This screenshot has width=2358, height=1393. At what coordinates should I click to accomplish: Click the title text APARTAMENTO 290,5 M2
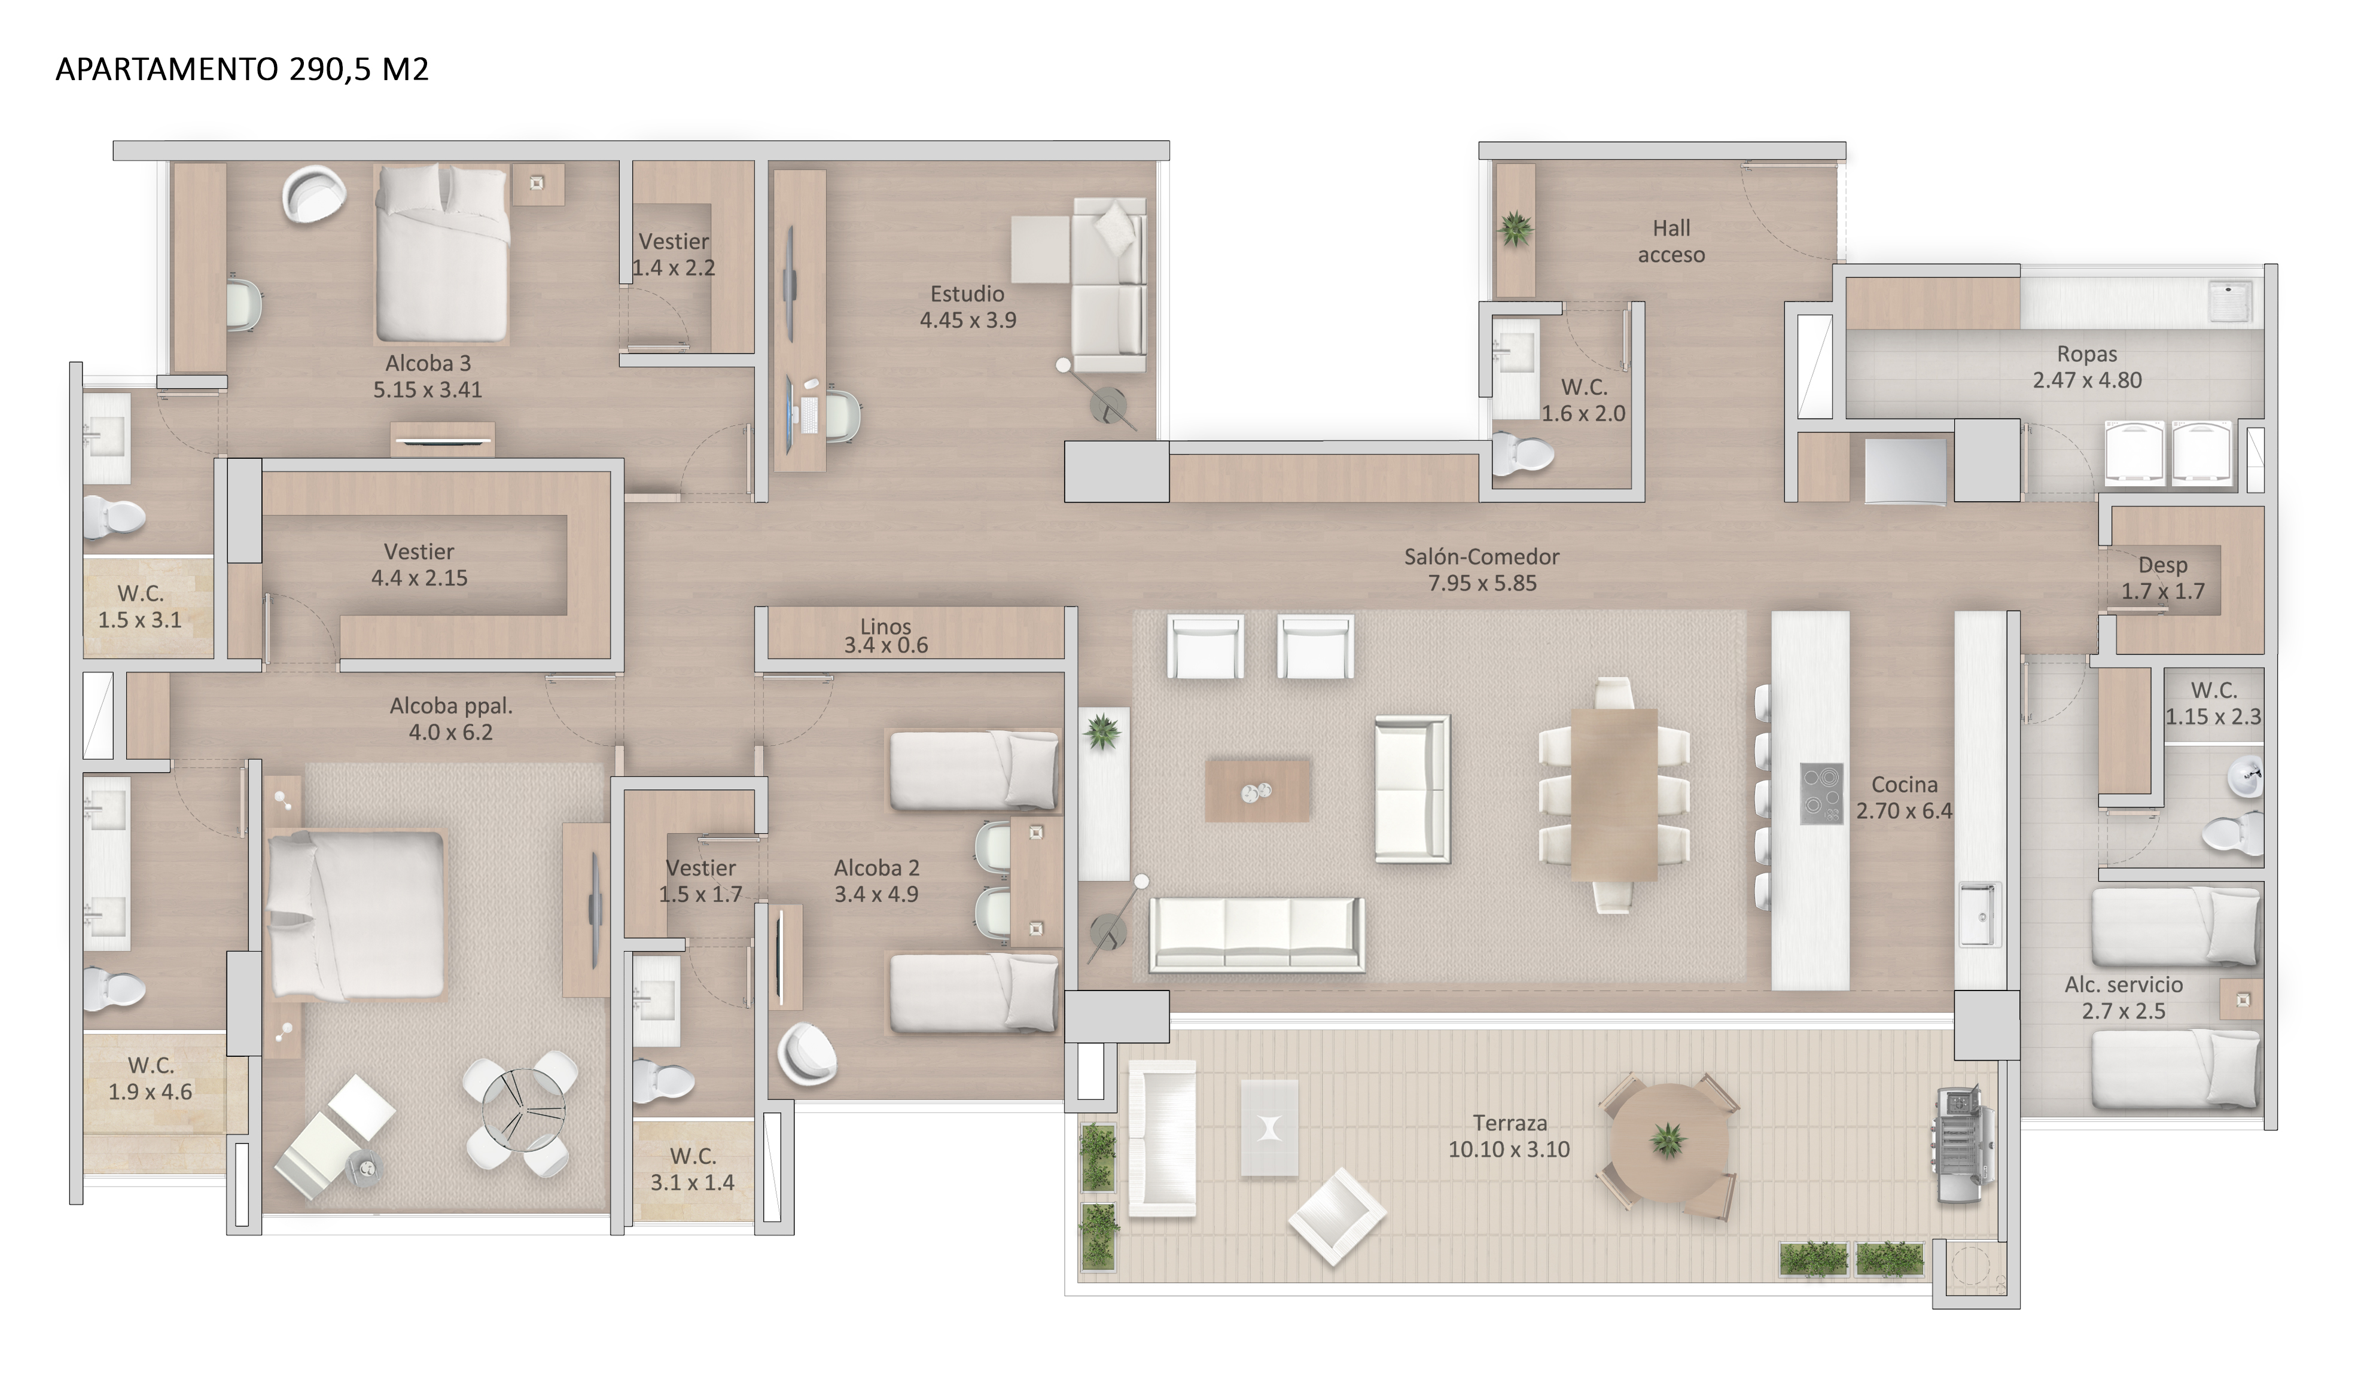242,69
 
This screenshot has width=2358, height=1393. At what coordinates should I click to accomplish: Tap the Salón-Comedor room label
1481,557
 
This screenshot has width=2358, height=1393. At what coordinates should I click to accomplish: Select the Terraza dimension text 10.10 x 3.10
1509,1149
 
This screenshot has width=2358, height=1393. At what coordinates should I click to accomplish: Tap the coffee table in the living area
1257,790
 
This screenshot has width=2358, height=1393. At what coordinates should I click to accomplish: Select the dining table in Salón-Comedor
1614,794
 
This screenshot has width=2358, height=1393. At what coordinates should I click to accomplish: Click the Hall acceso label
1671,241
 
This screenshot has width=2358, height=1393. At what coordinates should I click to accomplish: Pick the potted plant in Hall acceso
1515,228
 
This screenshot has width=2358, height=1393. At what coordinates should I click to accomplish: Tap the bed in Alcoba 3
442,254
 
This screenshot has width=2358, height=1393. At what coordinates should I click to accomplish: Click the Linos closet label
885,626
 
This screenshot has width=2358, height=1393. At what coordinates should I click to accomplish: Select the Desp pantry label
2163,565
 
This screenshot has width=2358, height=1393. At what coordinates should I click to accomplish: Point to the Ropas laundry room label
2086,354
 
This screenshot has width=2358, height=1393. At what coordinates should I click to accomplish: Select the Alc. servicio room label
2124,984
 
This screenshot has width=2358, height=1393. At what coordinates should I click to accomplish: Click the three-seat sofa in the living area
1257,933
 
